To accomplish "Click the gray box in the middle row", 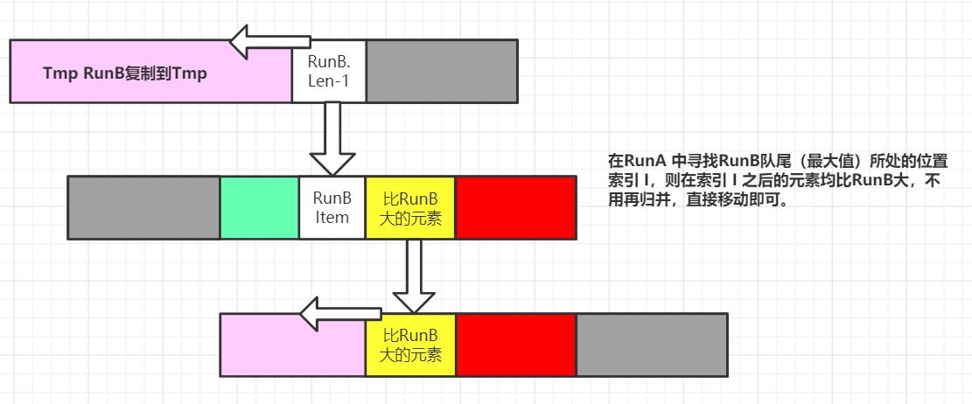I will (x=143, y=207).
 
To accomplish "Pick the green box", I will (x=259, y=207).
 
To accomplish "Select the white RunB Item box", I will (x=332, y=207).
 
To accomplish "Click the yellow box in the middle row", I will (x=410, y=207).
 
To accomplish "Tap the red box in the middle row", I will (x=515, y=207).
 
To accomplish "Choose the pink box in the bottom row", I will (x=292, y=345).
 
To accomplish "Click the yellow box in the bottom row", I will (x=410, y=345).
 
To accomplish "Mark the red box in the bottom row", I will (x=515, y=345).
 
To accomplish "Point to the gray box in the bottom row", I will (x=652, y=345).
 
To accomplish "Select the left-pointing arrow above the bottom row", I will (x=339, y=313).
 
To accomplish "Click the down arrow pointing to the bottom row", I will (x=415, y=275).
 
